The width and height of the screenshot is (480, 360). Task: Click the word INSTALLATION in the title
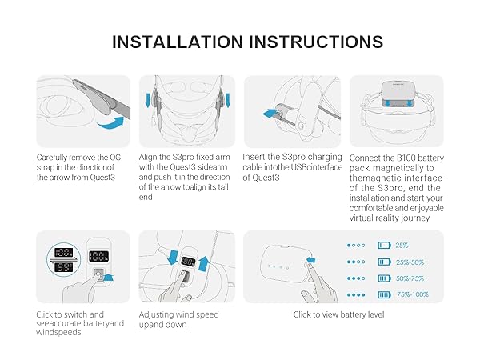(178, 42)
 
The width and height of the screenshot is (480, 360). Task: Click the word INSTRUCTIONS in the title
(316, 42)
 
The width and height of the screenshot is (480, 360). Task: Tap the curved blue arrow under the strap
(110, 123)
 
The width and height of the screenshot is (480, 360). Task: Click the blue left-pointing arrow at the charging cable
(270, 114)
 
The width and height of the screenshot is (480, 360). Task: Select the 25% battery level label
(402, 246)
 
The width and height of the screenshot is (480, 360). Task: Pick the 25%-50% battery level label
(410, 262)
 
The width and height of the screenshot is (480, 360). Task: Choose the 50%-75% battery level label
(410, 278)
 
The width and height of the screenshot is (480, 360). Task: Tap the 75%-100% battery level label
(413, 294)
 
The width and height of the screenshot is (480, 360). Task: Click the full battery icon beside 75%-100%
(385, 294)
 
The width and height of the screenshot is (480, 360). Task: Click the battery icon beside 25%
(385, 246)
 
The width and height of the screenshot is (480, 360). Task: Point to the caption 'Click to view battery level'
(338, 314)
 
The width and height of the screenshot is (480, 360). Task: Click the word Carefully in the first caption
(52, 158)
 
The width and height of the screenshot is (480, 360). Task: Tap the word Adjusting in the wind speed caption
(157, 315)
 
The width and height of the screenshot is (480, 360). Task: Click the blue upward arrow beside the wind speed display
(204, 263)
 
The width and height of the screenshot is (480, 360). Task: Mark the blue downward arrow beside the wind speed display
(174, 257)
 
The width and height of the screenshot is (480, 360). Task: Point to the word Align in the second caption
(148, 158)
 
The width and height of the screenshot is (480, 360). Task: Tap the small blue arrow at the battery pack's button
(311, 260)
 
